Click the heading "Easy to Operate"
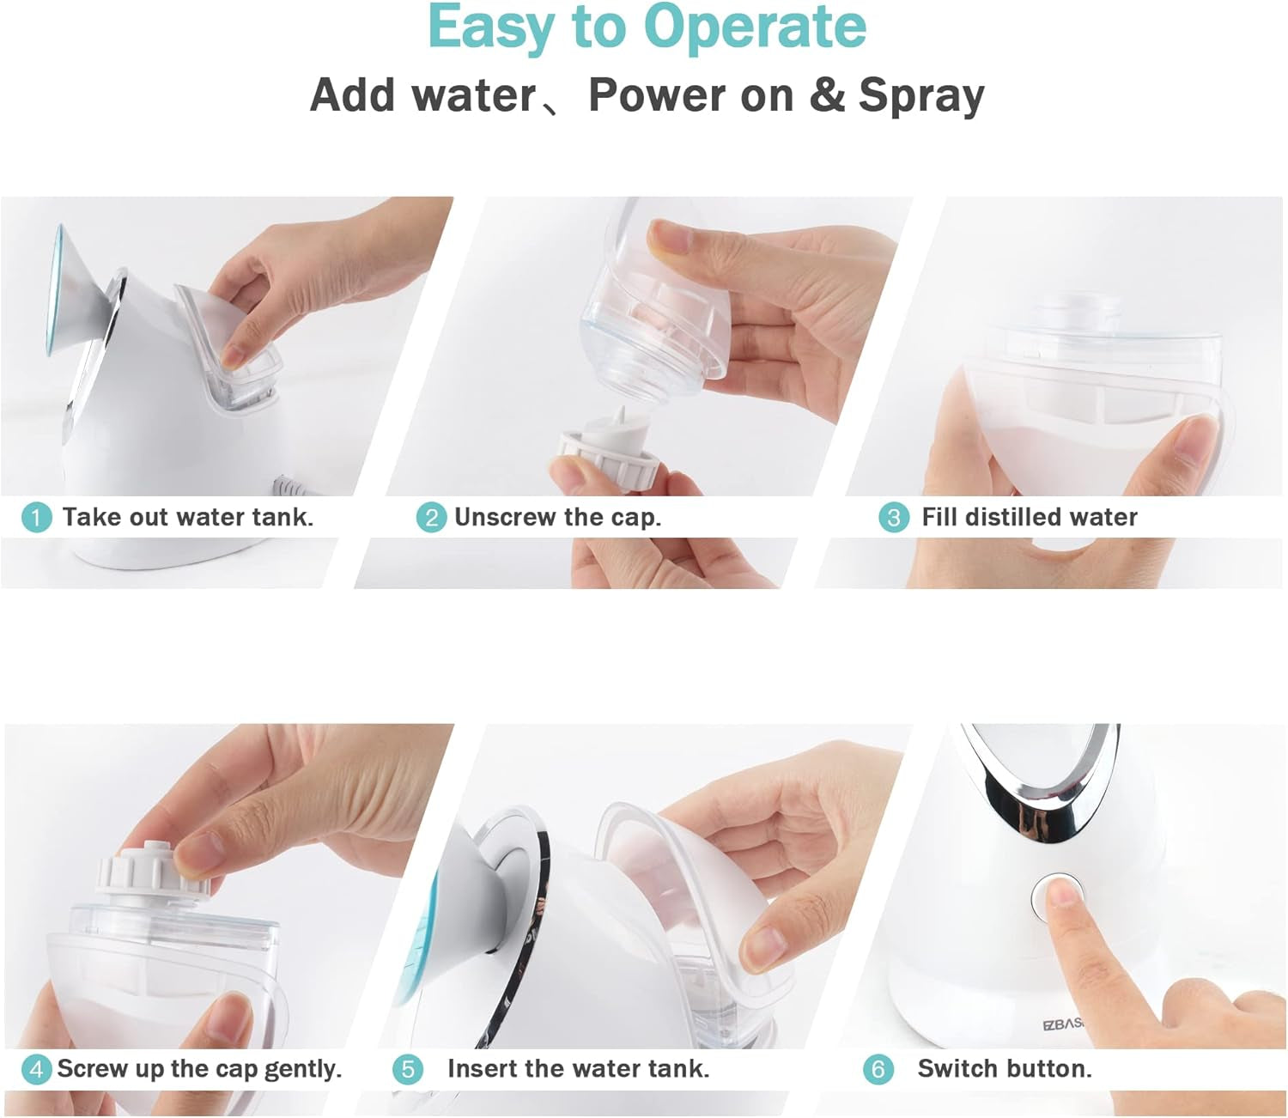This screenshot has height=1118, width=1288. (x=647, y=28)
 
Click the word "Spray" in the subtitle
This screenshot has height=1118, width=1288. (x=921, y=95)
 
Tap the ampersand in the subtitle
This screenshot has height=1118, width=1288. (x=826, y=94)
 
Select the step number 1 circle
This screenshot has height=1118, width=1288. (x=36, y=518)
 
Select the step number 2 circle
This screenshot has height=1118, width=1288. (x=431, y=518)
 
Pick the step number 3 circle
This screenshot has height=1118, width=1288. (x=894, y=518)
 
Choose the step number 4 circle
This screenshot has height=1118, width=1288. (x=36, y=1069)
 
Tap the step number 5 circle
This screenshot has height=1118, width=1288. (x=408, y=1069)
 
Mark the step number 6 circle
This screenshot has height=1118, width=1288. (x=878, y=1069)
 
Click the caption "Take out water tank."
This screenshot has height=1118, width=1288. (x=188, y=517)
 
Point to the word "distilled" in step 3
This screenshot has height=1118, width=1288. (x=1012, y=517)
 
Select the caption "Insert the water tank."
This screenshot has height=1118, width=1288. (x=578, y=1069)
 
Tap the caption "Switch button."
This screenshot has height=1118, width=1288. (x=1005, y=1069)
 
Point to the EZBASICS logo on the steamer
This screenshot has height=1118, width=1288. (x=1063, y=1024)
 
